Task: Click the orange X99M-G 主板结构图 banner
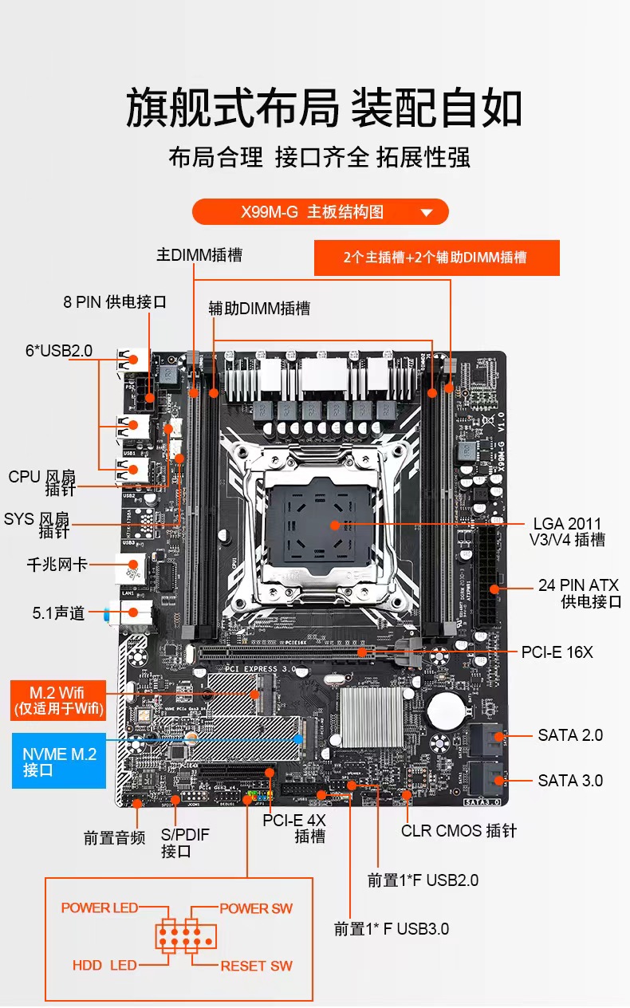[x=320, y=212]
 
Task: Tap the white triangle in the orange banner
[x=426, y=213]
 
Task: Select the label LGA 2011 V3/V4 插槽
[x=567, y=532]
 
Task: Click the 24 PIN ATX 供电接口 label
[x=578, y=593]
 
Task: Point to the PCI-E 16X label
[x=557, y=652]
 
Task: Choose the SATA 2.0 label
[x=570, y=734]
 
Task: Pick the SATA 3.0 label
[x=570, y=781]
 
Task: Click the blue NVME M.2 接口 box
[x=59, y=761]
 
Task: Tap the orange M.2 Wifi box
[x=57, y=699]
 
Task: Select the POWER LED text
[x=100, y=908]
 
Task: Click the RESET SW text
[x=256, y=966]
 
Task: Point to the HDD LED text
[x=104, y=966]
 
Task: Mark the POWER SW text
[x=256, y=908]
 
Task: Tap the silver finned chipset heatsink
[x=373, y=715]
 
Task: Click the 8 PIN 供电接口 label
[x=115, y=302]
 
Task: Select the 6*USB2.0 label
[x=59, y=351]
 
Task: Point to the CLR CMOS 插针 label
[x=459, y=831]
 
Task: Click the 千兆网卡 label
[x=57, y=565]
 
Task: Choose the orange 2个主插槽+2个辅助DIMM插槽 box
[x=436, y=258]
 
